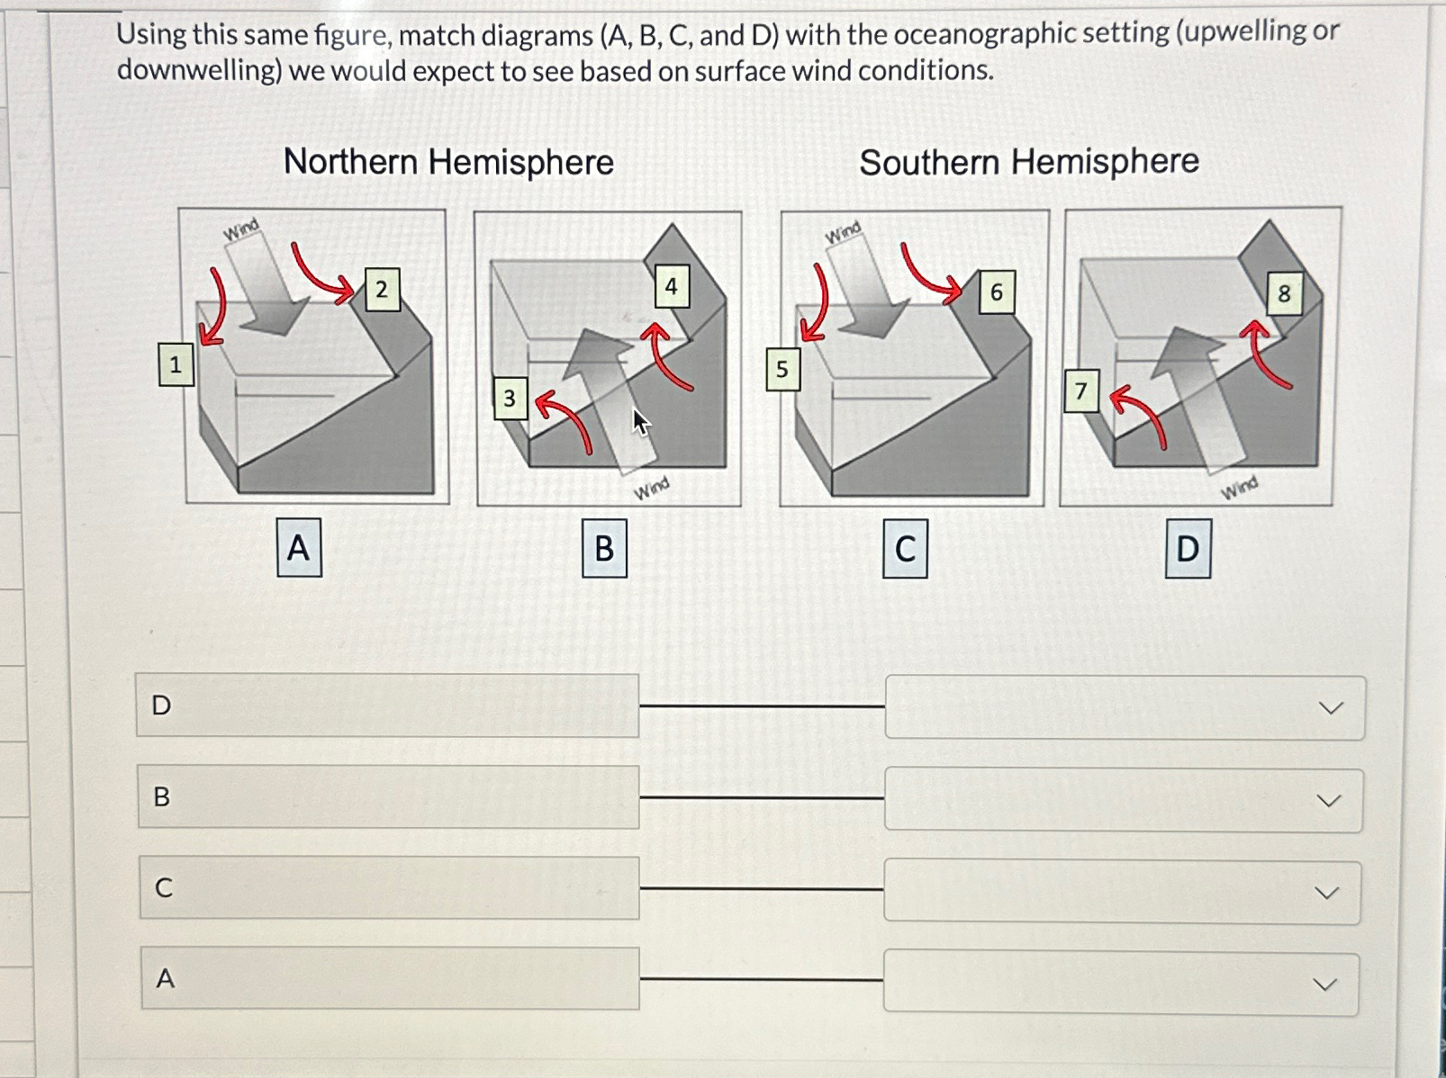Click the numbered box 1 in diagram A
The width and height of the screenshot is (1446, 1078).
176,364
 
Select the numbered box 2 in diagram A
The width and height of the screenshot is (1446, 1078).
382,290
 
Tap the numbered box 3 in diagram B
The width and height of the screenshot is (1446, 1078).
510,398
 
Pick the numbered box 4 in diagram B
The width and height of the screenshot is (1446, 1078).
671,287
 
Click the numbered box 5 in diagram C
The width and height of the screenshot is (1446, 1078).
782,369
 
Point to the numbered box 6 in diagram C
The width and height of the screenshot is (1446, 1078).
996,292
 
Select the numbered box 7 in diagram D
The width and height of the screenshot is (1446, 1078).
1080,391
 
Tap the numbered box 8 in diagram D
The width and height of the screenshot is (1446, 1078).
1284,293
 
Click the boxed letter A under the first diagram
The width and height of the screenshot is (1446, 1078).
298,547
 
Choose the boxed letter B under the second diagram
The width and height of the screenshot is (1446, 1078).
604,548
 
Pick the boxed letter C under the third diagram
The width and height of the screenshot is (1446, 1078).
905,549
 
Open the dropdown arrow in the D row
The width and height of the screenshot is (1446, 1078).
1330,708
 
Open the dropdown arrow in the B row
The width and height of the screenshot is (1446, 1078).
1328,801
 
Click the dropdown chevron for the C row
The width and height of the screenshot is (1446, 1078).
1326,893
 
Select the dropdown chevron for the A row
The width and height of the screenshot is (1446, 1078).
1324,984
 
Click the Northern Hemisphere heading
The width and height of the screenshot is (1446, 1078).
448,163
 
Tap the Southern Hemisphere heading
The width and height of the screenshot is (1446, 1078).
1029,163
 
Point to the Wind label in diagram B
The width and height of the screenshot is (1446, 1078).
651,488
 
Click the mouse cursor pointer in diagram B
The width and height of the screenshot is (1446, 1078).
639,421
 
